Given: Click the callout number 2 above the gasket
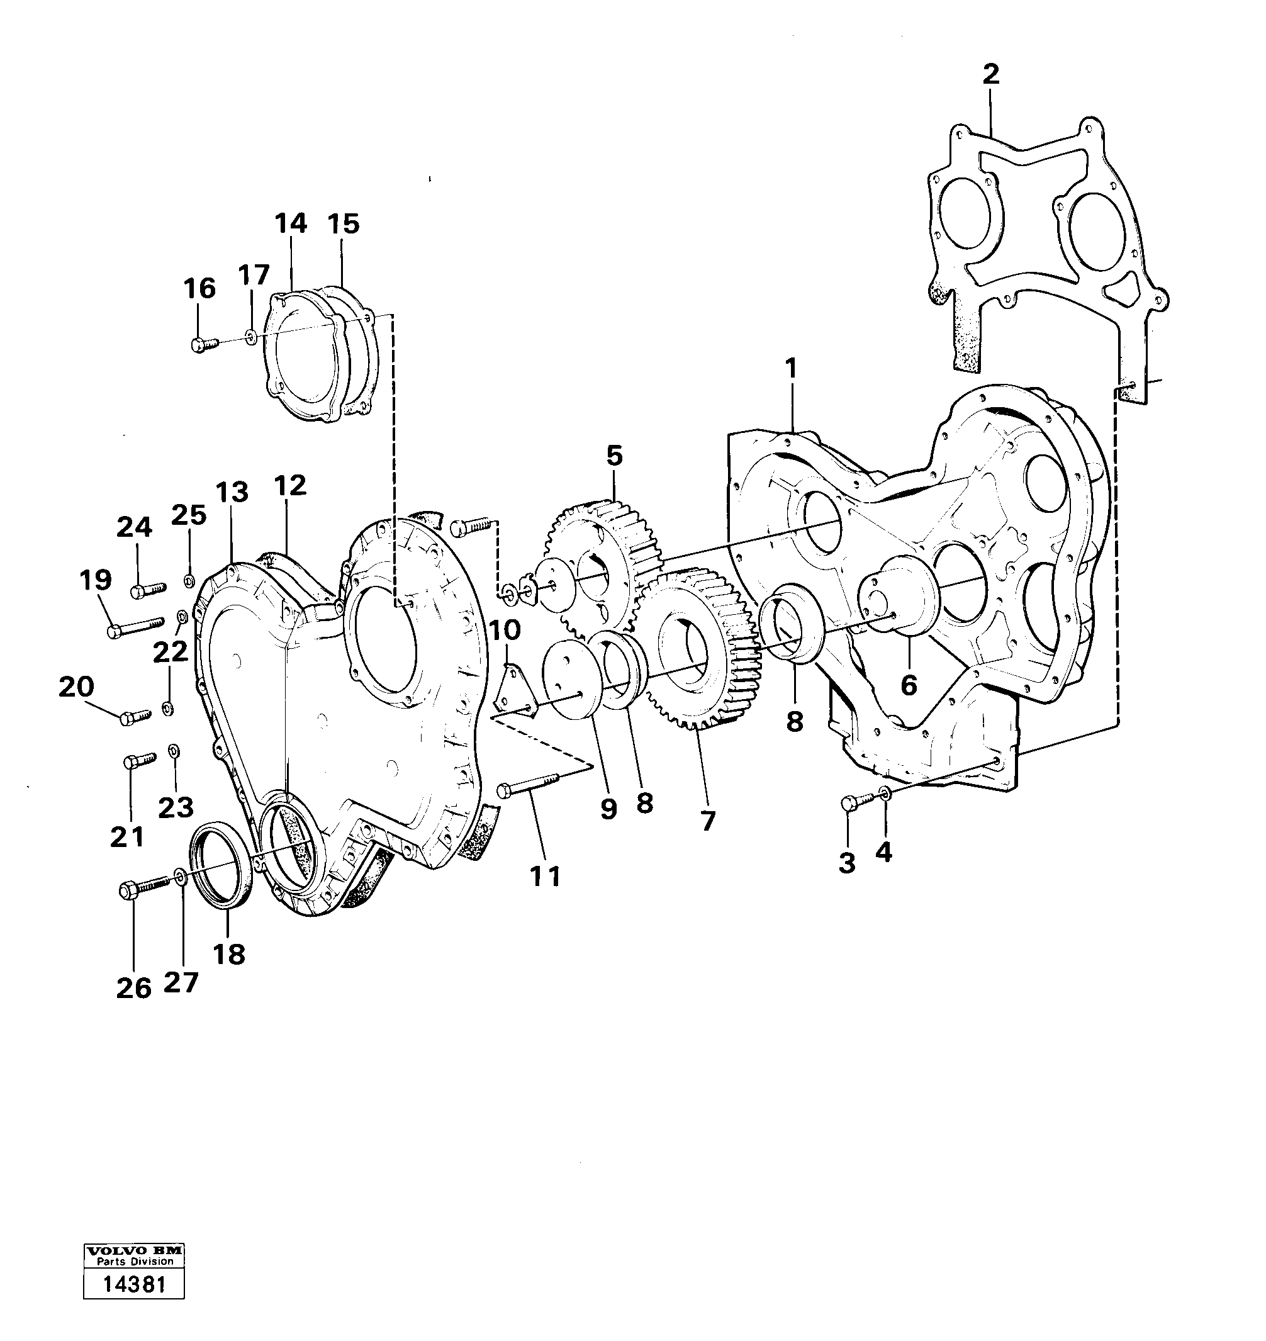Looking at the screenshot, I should click(x=990, y=74).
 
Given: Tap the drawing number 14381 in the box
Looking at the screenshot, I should click(x=133, y=1284).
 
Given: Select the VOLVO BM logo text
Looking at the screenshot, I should click(x=133, y=1250).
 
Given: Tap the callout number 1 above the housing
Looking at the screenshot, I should click(x=790, y=369).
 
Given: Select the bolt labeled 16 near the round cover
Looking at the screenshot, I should click(x=203, y=344).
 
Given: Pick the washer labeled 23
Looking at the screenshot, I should click(x=173, y=751).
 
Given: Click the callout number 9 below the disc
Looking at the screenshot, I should click(x=608, y=808).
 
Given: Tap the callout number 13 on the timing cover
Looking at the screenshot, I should click(x=232, y=492).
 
